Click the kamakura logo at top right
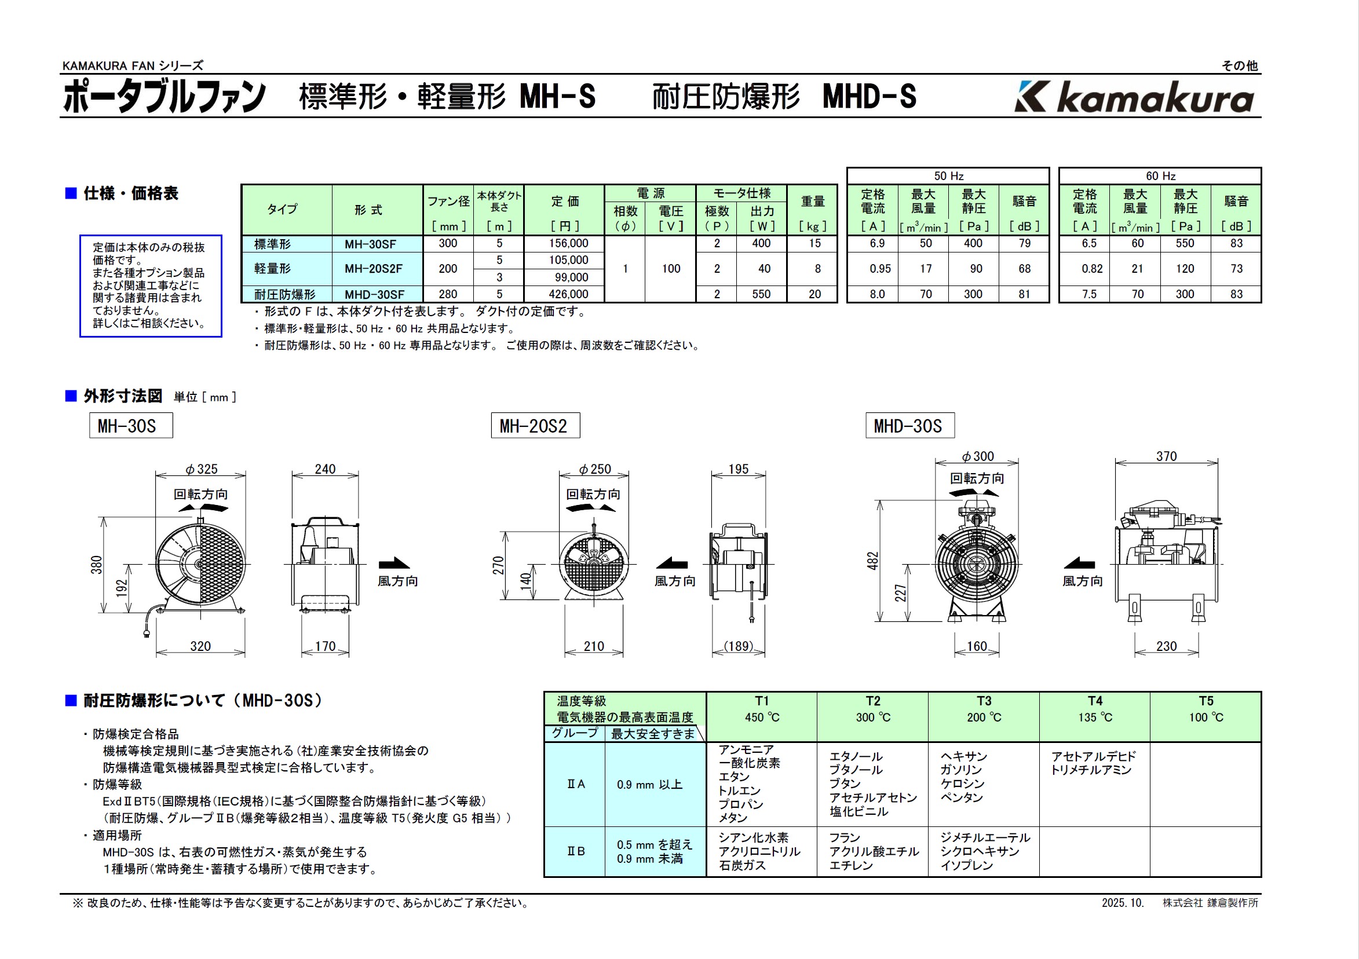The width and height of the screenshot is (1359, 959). coord(1134,97)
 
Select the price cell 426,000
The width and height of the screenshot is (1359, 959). coord(568,294)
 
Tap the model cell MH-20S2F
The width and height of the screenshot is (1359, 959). coord(374,269)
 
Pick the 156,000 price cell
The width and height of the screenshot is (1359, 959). coord(568,243)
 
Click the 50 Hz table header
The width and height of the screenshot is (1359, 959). coord(948,175)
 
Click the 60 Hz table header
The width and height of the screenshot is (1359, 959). coord(1160,175)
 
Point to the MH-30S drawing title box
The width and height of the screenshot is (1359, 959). coord(131,426)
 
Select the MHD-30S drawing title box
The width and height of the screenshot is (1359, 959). coord(909,426)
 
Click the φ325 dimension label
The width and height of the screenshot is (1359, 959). coord(201,469)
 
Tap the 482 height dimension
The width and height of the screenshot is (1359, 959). coord(872,561)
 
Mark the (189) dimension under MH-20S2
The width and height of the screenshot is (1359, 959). coord(739,646)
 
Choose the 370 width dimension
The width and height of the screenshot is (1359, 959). coord(1166,456)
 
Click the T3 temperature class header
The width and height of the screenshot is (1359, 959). coord(984,701)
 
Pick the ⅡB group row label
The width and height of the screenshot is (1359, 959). coord(575,851)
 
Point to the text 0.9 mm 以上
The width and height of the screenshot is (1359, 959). coord(649,785)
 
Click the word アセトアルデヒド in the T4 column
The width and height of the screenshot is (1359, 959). coord(1093,756)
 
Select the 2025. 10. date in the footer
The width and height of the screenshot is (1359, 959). coord(1122,903)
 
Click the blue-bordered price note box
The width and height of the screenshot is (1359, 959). coord(151,285)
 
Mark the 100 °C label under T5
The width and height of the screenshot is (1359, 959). coord(1205,717)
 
